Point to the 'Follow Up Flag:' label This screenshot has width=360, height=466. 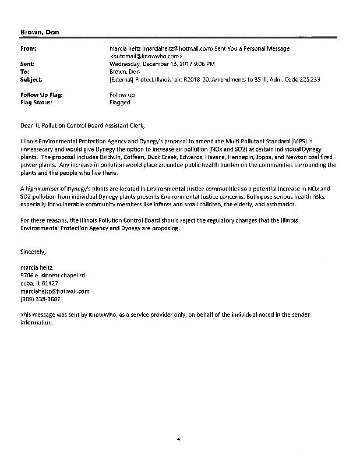pos(41,94)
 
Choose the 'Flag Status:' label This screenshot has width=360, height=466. pos(36,103)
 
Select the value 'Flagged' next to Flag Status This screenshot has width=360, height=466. pos(120,103)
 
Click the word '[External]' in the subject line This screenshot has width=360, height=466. pos(123,79)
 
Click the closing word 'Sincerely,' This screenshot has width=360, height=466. pos(33,252)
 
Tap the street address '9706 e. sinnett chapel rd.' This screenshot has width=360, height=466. pos(54,276)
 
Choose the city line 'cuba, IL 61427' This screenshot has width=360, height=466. pos(40,283)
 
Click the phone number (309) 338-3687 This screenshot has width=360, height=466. pos(39,299)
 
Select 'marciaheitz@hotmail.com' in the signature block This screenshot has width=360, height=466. pos(55,291)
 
